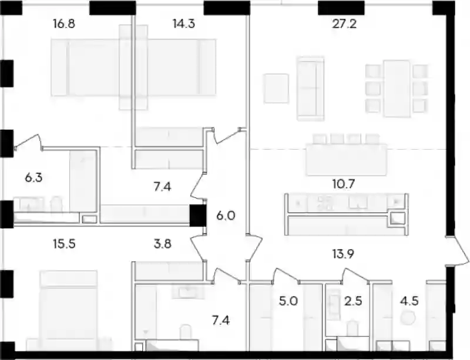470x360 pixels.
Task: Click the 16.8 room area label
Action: point(64,23)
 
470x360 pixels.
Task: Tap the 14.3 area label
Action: point(184,23)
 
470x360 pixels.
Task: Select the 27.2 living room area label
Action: point(344,23)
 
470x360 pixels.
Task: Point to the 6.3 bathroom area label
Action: point(33,178)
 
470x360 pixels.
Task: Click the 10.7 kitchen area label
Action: point(344,184)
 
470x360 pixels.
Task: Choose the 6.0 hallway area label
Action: point(226,215)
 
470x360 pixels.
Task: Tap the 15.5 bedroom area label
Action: point(64,244)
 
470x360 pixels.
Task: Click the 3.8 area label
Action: point(163,244)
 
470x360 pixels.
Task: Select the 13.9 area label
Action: point(344,254)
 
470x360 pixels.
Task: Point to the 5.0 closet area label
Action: point(288,301)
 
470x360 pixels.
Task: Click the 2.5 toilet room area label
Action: point(353,301)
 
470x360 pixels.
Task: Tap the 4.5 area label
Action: point(409,301)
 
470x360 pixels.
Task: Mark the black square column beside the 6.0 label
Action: point(198,215)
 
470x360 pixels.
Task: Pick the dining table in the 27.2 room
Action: point(397,89)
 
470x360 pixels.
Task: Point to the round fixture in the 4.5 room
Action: point(408,318)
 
